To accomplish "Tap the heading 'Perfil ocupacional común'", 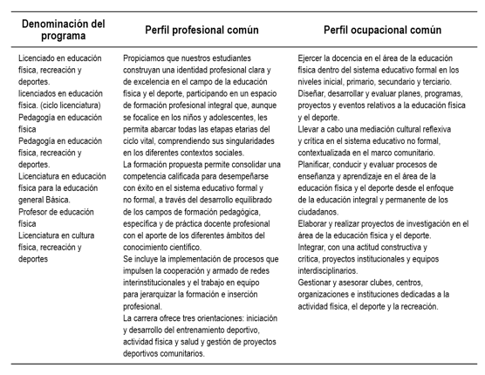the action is tap(380, 31).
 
